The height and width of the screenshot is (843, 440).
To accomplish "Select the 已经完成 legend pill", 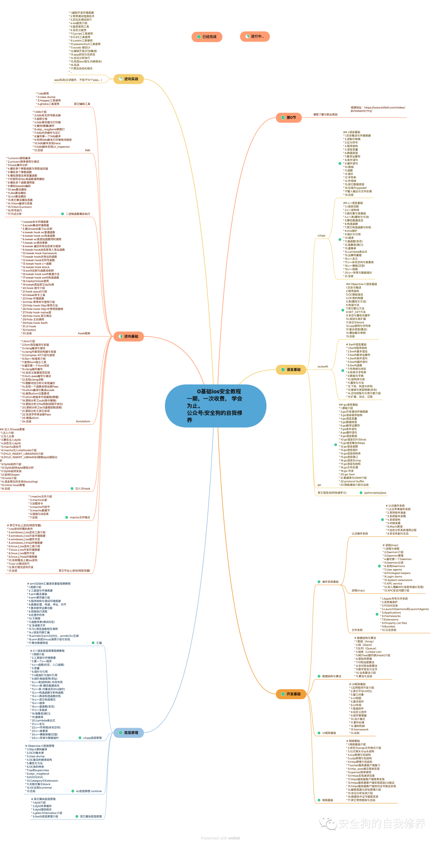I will click(207, 37).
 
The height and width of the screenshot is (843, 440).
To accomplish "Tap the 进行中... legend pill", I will click(255, 37).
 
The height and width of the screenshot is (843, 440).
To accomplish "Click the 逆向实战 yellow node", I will click(129, 79).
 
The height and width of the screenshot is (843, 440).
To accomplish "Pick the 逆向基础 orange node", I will click(129, 336).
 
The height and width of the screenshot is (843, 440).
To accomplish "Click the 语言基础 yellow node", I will click(291, 370).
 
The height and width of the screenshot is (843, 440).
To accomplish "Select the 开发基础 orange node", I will click(291, 694).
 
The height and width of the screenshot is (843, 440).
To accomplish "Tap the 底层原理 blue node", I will click(129, 733).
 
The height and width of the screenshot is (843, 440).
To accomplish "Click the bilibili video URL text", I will click(378, 109).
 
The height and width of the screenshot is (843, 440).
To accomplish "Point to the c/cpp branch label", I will click(321, 236).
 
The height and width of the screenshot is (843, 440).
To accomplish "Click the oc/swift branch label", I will click(323, 366).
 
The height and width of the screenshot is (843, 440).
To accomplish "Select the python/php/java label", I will click(375, 493).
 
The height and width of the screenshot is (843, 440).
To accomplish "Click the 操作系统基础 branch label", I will click(330, 582).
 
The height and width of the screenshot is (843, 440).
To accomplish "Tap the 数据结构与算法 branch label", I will click(332, 676).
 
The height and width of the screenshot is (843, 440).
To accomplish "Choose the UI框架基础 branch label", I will click(329, 733).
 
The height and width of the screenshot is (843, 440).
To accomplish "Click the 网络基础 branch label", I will click(328, 800).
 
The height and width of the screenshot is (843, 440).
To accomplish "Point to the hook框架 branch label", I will click(84, 333).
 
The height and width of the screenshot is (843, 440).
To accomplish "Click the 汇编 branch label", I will click(99, 643).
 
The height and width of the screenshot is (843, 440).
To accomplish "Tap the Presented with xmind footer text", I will click(220, 838).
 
